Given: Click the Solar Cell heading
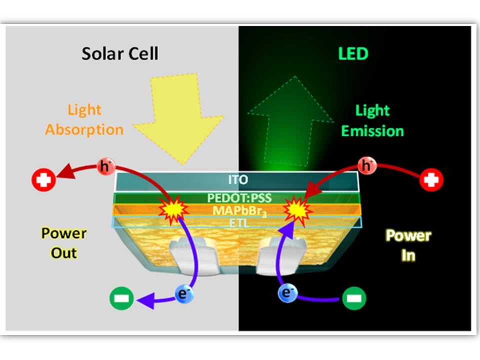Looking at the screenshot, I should tap(120, 53).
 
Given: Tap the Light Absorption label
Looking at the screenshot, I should tap(84, 120).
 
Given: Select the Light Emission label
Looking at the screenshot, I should tap(372, 121).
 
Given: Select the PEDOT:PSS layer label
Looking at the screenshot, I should tap(237, 198).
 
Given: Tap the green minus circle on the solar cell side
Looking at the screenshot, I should tap(122, 299).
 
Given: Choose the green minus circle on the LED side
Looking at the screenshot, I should tap(354, 299).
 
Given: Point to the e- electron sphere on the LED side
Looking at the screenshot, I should tap(286, 293).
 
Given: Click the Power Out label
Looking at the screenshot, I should tap(64, 243).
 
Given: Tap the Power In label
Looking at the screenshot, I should tap(408, 245).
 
